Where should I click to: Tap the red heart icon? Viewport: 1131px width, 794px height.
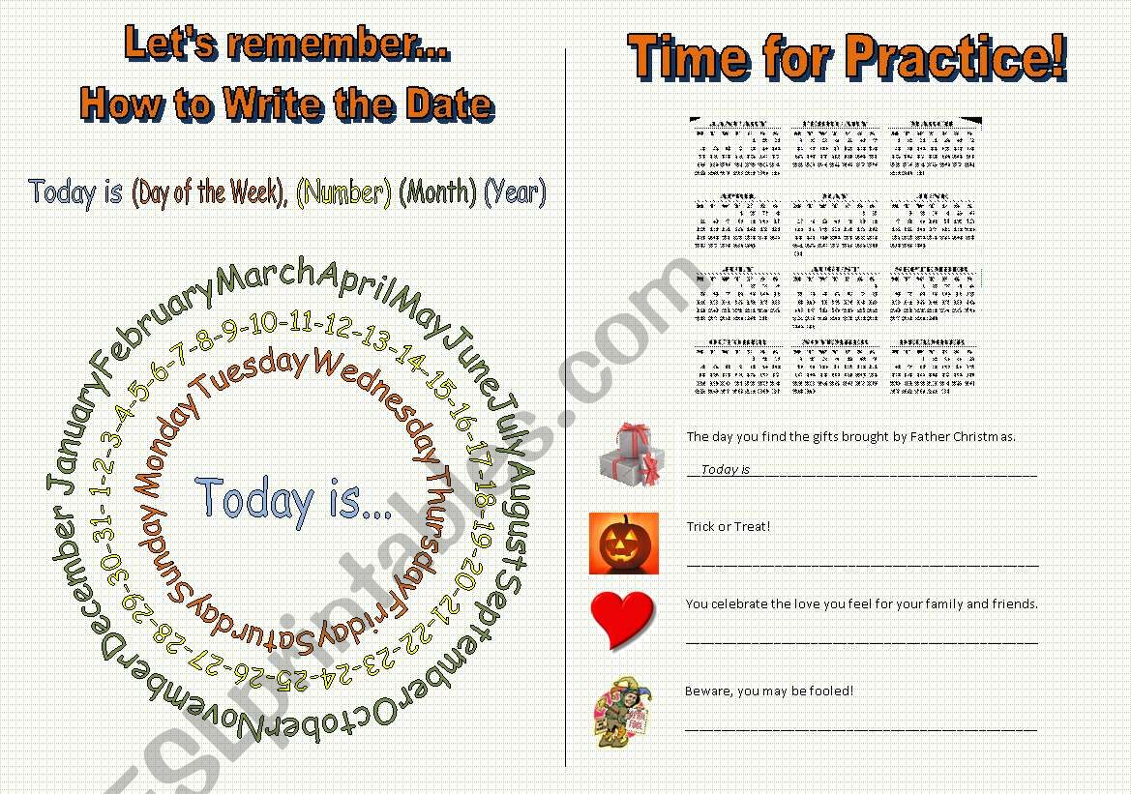pos(622,619)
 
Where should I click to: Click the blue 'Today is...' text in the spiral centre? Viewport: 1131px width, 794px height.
pos(294,499)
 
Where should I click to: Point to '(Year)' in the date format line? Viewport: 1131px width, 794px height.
pos(515,191)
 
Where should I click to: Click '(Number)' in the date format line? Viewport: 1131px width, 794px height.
pos(343,192)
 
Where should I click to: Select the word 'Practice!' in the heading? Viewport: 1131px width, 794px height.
pos(954,57)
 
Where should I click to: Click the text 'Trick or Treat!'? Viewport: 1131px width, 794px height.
pos(729,527)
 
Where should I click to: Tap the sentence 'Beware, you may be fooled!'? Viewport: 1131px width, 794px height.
pos(769,691)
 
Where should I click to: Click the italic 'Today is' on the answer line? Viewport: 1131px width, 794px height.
pos(726,470)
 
